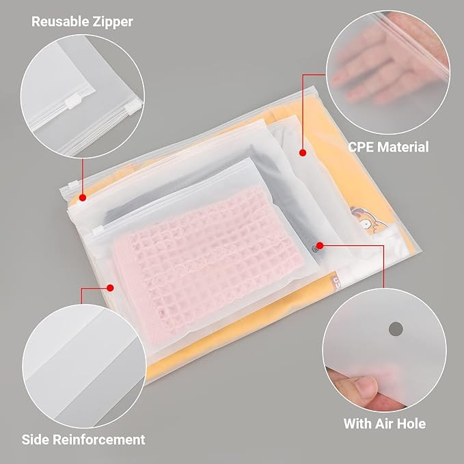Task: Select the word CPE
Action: (361, 147)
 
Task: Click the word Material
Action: (404, 147)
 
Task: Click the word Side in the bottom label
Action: (36, 439)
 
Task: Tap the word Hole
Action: (410, 424)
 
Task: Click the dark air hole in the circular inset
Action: (395, 329)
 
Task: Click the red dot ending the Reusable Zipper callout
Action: (83, 197)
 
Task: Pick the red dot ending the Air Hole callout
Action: (320, 243)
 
